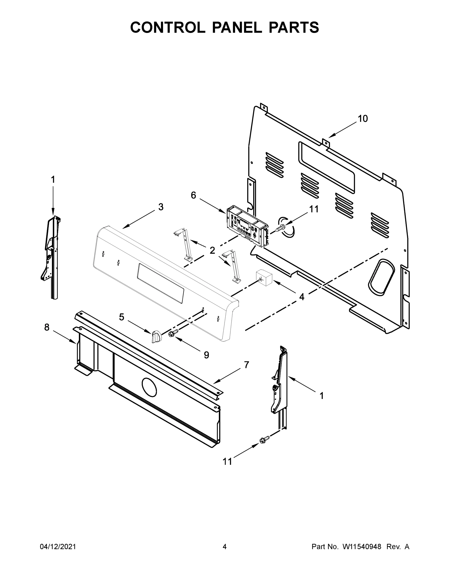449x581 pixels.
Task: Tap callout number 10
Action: pyautogui.click(x=363, y=119)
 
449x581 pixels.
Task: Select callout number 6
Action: pyautogui.click(x=193, y=195)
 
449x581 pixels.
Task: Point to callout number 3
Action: pyautogui.click(x=161, y=207)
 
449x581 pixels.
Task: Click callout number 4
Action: pyautogui.click(x=301, y=297)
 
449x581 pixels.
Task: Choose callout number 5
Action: pyautogui.click(x=121, y=317)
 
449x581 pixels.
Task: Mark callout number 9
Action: pyautogui.click(x=206, y=355)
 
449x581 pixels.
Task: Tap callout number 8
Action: pyautogui.click(x=47, y=327)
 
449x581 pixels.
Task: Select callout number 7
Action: pyautogui.click(x=246, y=365)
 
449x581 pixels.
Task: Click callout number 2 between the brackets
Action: pyautogui.click(x=212, y=250)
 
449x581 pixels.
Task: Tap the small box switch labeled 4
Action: pyautogui.click(x=263, y=278)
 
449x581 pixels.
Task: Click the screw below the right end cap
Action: pyautogui.click(x=264, y=440)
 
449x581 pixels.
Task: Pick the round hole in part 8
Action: pyautogui.click(x=150, y=386)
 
